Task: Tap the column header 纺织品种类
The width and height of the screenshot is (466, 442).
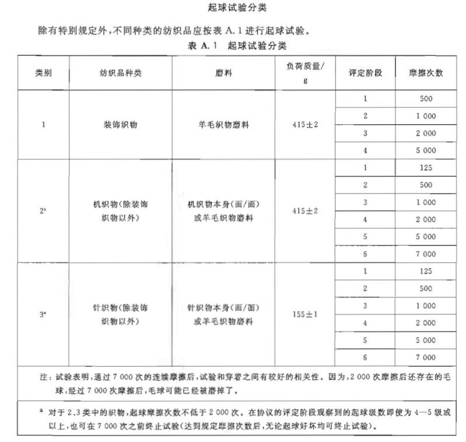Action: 121,73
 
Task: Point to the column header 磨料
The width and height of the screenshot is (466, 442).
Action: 223,73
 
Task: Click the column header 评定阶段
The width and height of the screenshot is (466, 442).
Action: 365,73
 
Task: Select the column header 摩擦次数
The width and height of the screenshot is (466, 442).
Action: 426,73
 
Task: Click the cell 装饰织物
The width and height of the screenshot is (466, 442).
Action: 121,125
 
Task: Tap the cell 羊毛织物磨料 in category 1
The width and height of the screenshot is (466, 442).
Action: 223,125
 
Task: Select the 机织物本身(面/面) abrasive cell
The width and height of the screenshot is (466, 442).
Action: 223,205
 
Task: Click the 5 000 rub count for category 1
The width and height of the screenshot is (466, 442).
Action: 426,150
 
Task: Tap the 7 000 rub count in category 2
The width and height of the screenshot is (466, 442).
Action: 426,254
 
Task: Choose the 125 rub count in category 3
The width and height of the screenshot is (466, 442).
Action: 426,271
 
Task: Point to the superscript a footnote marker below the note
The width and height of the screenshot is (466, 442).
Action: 42,411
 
